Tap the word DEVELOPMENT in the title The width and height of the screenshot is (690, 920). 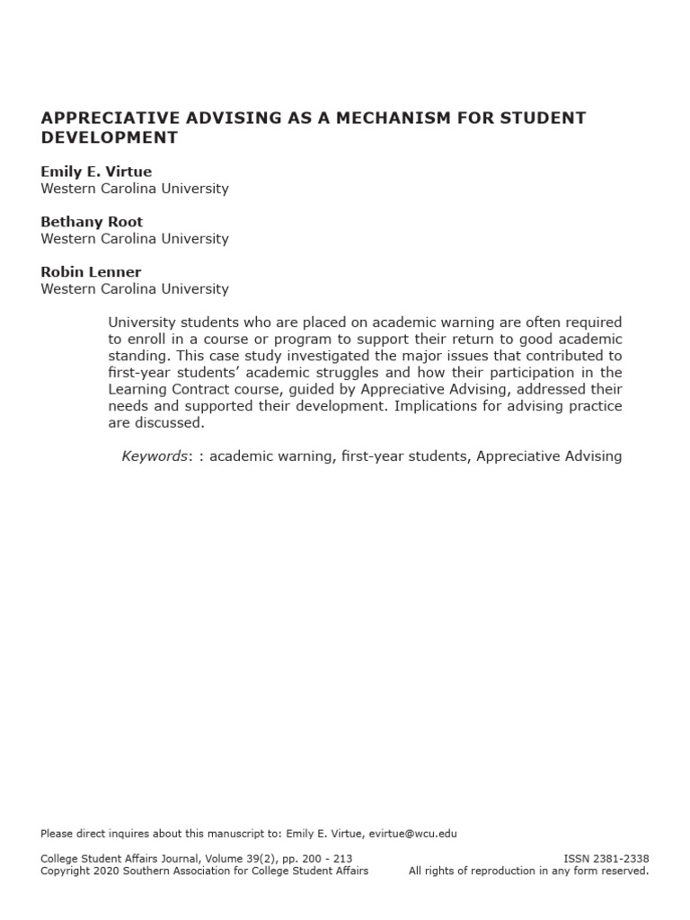110,137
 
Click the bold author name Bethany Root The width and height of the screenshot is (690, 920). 92,221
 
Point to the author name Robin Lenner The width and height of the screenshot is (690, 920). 90,271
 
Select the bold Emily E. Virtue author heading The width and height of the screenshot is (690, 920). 95,171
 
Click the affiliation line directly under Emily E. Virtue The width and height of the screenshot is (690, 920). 135,189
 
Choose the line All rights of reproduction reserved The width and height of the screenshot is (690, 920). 528,871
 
